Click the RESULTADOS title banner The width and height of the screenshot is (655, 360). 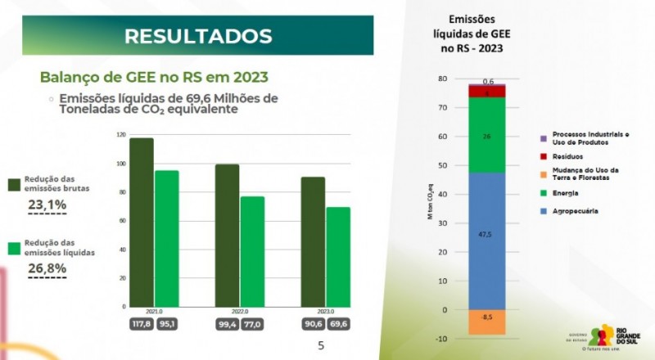click(x=197, y=35)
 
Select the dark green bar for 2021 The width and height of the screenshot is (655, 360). click(x=142, y=221)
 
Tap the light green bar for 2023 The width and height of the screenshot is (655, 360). click(x=338, y=257)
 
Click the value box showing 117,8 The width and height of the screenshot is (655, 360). click(x=142, y=324)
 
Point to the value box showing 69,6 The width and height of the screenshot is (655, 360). click(x=337, y=324)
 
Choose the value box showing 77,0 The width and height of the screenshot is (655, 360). click(x=252, y=324)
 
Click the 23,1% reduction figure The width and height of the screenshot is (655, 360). click(x=47, y=205)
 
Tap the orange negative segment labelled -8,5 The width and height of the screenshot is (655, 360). click(x=486, y=322)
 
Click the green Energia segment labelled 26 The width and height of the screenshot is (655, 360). click(x=486, y=135)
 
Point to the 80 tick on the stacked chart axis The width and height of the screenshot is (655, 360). click(x=443, y=79)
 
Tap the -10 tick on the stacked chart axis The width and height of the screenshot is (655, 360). click(x=441, y=338)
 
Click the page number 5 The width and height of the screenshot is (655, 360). click(x=321, y=345)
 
